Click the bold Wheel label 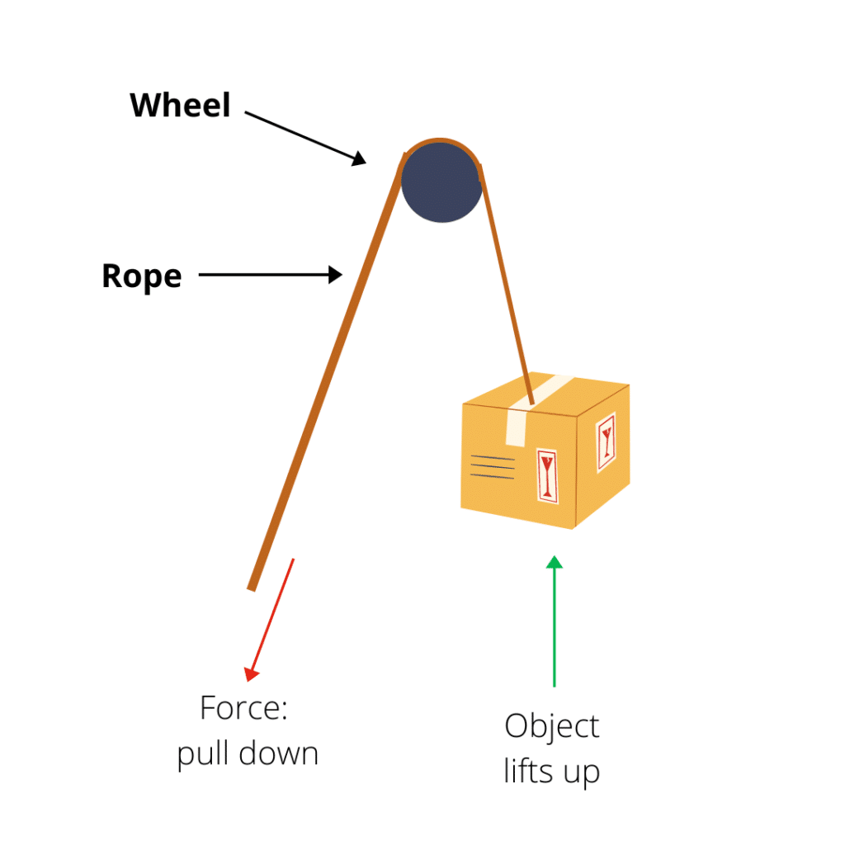(x=180, y=106)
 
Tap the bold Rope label (x=141, y=276)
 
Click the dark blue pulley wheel (x=441, y=182)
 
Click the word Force (x=243, y=709)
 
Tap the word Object (x=551, y=727)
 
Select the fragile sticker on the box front (x=546, y=475)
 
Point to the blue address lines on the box (x=492, y=467)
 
